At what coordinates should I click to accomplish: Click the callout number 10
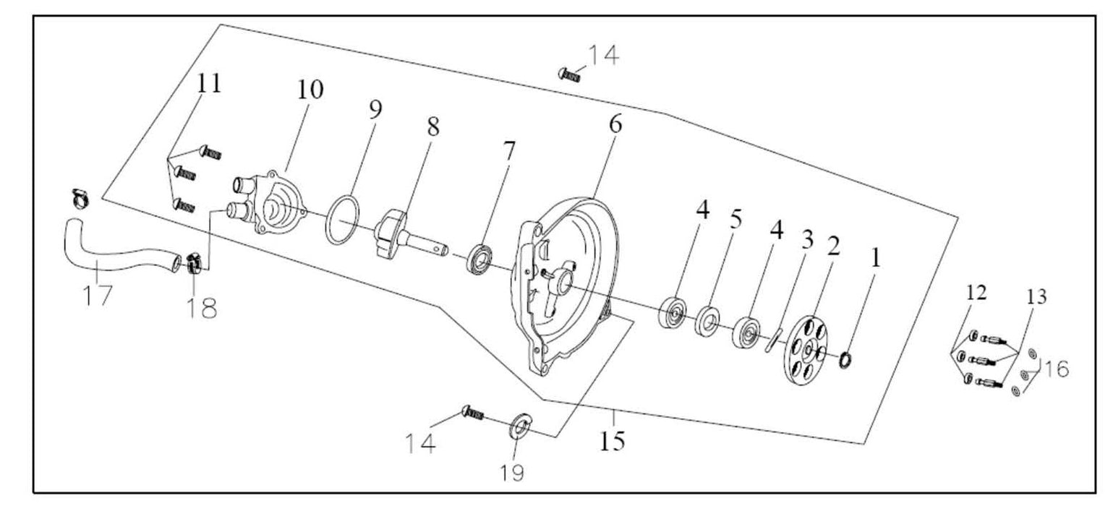click(x=309, y=90)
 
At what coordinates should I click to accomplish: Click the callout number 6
click(x=614, y=124)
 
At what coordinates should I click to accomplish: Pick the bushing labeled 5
click(x=707, y=321)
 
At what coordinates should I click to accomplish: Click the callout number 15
click(x=612, y=440)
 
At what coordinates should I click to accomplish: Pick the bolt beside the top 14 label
click(x=571, y=73)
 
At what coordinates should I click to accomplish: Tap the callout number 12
click(x=976, y=293)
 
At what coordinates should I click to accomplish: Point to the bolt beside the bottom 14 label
click(x=472, y=413)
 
